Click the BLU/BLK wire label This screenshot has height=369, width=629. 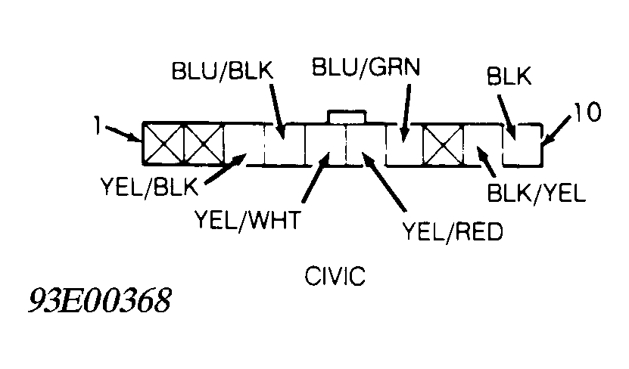tap(223, 70)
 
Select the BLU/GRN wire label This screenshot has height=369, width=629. tap(366, 67)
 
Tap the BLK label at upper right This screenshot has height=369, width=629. tap(509, 76)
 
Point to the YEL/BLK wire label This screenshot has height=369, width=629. tap(149, 186)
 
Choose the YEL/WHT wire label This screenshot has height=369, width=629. tap(248, 219)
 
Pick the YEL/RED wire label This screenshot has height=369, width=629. tap(453, 231)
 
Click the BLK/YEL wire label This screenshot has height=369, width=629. tap(536, 194)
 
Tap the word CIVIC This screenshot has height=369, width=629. tap(335, 276)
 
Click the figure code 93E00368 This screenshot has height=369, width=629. tap(100, 300)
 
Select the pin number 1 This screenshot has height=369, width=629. tap(97, 125)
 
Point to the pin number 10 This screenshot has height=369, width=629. tap(587, 112)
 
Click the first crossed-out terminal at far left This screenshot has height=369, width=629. tap(163, 144)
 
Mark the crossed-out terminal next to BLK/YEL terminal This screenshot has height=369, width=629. tap(444, 145)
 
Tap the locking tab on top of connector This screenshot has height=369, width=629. tap(347, 116)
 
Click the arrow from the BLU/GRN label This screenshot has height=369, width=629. tap(406, 113)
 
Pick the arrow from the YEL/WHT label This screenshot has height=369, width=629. tap(316, 177)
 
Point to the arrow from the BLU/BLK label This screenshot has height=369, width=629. tap(277, 111)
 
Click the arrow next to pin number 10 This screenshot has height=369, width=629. tap(556, 129)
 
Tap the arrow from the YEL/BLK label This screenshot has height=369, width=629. tap(226, 169)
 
